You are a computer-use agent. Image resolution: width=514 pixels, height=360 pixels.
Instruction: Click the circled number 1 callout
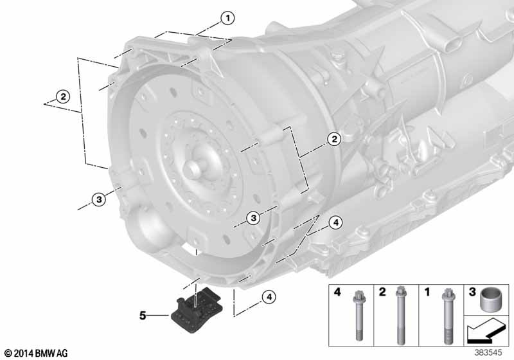(227, 18)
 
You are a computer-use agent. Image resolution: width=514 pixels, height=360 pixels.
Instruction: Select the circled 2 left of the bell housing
(62, 96)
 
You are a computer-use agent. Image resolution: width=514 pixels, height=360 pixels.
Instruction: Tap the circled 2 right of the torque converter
(334, 139)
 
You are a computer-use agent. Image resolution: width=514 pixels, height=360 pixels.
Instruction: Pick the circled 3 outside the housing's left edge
(99, 199)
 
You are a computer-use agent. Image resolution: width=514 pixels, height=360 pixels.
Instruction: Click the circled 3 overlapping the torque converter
(253, 218)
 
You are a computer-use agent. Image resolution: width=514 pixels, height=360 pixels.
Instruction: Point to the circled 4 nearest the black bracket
(269, 297)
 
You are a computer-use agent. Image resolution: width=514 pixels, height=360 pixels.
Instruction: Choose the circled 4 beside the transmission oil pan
(335, 222)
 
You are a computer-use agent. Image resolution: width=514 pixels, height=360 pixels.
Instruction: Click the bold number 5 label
(143, 316)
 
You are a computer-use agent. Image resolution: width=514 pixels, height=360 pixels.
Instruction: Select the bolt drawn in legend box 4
(358, 316)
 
